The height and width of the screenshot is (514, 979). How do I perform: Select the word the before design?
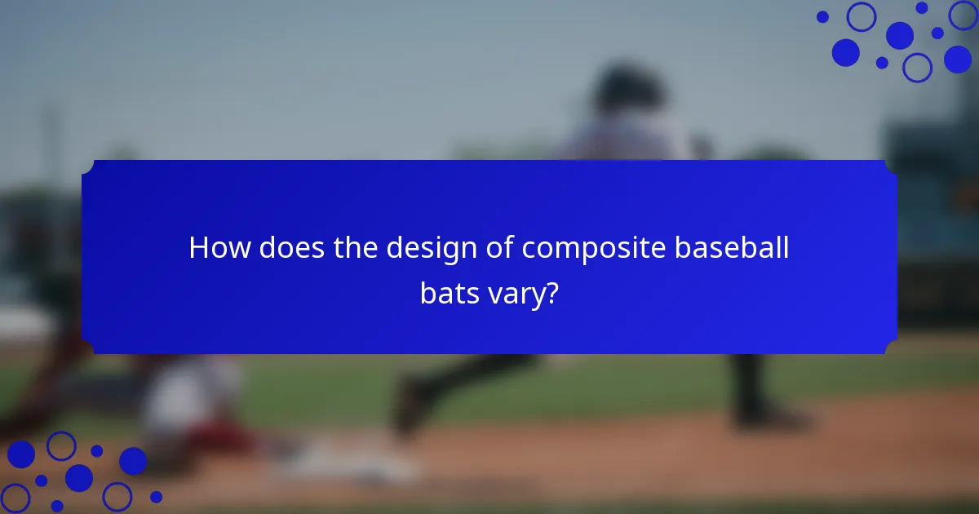tap(357, 248)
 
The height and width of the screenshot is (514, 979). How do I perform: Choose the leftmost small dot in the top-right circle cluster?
tap(822, 16)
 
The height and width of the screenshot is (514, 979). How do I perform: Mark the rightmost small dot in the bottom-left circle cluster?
tap(156, 496)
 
